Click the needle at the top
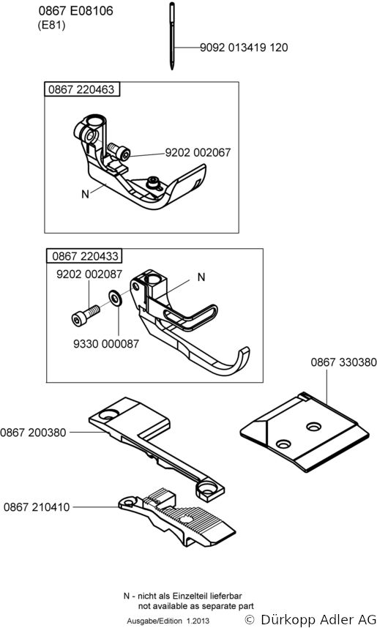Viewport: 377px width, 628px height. [172, 36]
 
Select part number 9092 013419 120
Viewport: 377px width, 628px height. [244, 48]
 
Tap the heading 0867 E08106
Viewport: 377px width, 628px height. [75, 11]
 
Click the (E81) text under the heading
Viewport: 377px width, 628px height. [51, 25]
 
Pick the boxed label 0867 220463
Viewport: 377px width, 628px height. [81, 89]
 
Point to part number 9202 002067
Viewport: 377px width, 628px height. [198, 152]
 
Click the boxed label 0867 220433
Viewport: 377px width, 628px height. [86, 255]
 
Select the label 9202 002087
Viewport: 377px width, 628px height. [89, 274]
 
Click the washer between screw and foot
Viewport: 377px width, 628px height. [116, 299]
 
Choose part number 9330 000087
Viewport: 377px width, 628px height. [106, 343]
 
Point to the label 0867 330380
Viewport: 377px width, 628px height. [344, 362]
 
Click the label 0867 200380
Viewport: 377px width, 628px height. [33, 433]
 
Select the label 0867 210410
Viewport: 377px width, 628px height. [37, 507]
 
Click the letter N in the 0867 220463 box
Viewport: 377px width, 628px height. [86, 194]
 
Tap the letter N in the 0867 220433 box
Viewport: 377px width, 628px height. [201, 277]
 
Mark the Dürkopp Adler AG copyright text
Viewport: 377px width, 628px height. [310, 620]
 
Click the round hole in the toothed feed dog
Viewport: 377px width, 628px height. [186, 520]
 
